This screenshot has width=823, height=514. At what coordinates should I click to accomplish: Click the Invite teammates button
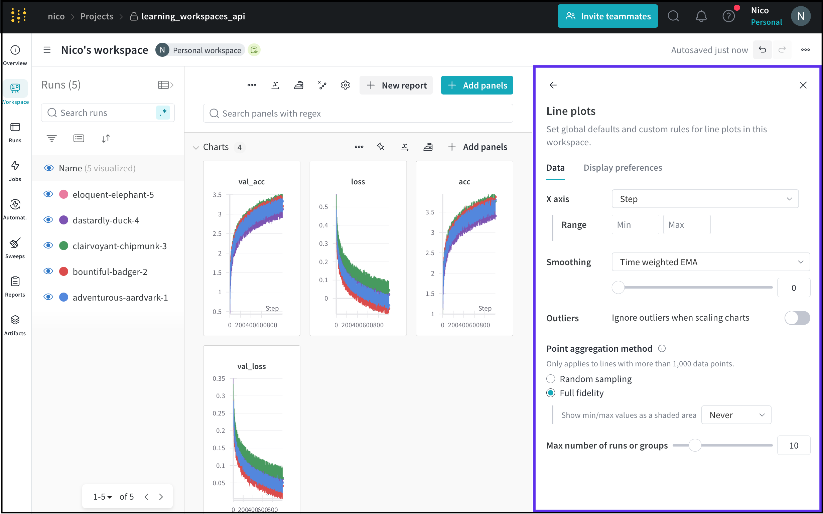(607, 16)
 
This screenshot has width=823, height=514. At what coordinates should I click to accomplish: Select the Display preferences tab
(623, 168)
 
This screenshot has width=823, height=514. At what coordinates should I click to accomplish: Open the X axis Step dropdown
(705, 199)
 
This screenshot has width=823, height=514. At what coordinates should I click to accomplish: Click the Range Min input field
(635, 225)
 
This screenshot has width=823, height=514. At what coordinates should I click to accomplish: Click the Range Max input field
(686, 225)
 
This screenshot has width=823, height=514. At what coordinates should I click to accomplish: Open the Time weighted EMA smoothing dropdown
(710, 262)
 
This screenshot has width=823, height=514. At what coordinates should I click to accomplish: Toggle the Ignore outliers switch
(797, 318)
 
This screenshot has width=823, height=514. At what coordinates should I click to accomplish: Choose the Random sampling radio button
(551, 379)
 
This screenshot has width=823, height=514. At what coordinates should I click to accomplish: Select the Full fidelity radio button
(551, 393)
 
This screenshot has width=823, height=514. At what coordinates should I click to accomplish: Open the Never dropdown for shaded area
(736, 415)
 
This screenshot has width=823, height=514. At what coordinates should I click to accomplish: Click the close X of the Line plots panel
(803, 85)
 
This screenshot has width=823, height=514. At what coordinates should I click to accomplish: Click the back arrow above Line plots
(553, 85)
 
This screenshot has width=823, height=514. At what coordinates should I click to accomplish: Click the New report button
(396, 85)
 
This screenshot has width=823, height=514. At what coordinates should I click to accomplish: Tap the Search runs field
(106, 113)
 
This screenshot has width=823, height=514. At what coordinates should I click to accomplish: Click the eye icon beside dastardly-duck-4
(48, 220)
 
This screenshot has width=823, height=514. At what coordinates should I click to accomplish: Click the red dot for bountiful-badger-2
(63, 272)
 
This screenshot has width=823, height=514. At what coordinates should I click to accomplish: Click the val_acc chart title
(251, 182)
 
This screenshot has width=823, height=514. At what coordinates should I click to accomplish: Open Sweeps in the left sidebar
(15, 248)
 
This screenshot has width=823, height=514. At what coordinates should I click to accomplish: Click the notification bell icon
(701, 16)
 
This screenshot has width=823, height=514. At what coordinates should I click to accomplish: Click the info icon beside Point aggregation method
(662, 348)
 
